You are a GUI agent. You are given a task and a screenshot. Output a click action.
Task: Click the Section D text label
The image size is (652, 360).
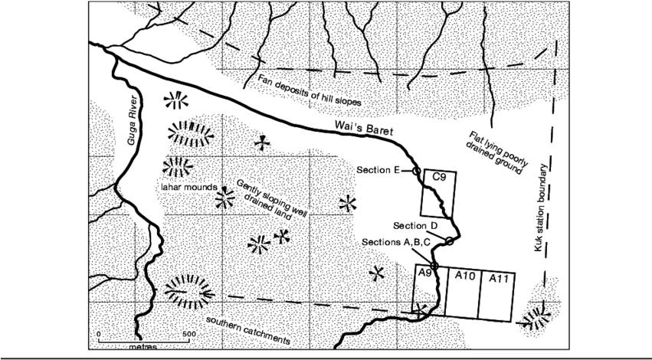[414, 226]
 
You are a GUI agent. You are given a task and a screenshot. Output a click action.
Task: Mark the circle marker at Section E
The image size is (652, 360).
[417, 172]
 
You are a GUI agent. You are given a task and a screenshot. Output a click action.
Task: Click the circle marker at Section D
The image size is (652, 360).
[450, 241]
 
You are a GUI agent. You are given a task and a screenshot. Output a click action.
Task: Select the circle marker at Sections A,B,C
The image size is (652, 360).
[434, 267]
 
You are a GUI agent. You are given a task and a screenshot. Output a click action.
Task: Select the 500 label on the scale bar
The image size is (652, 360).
[188, 335]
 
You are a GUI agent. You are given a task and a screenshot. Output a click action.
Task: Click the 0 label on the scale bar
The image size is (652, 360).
[98, 335]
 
